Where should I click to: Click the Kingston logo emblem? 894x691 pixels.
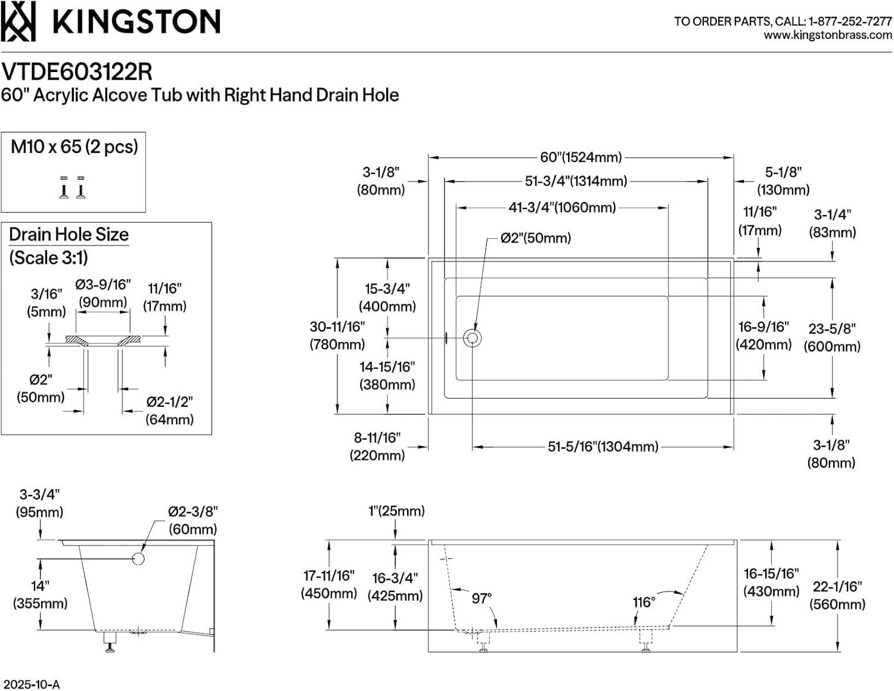pyautogui.click(x=18, y=21)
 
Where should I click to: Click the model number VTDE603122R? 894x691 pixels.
pyautogui.click(x=77, y=71)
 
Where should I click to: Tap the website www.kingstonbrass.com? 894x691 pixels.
pyautogui.click(x=828, y=35)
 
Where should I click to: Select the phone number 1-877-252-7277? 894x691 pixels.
pyautogui.click(x=850, y=21)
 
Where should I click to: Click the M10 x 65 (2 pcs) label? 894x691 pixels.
pyautogui.click(x=74, y=147)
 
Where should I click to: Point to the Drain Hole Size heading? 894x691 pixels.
pyautogui.click(x=69, y=234)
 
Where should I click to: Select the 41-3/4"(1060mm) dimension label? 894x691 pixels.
pyautogui.click(x=561, y=207)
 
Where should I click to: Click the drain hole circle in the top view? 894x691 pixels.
pyautogui.click(x=472, y=338)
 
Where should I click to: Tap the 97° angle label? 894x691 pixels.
pyautogui.click(x=482, y=598)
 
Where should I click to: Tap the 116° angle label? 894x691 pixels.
pyautogui.click(x=644, y=602)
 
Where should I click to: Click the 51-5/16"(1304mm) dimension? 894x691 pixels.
pyautogui.click(x=603, y=446)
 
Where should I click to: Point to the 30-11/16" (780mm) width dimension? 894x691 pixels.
pyautogui.click(x=337, y=335)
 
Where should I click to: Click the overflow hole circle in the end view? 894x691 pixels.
pyautogui.click(x=138, y=558)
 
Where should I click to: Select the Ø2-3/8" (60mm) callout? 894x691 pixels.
pyautogui.click(x=193, y=520)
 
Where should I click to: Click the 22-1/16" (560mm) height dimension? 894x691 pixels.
pyautogui.click(x=837, y=595)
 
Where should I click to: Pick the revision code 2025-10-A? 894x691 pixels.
pyautogui.click(x=31, y=684)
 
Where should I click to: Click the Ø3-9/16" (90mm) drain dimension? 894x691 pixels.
pyautogui.click(x=103, y=293)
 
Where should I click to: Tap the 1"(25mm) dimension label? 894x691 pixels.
pyautogui.click(x=396, y=511)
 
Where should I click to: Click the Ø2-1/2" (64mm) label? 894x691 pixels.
pyautogui.click(x=170, y=410)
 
